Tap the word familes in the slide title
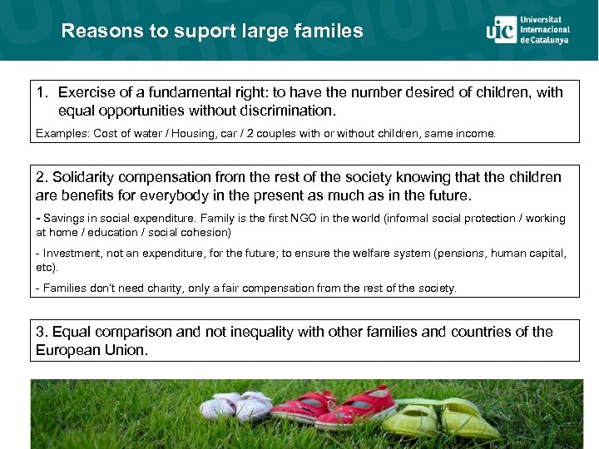pyautogui.click(x=330, y=32)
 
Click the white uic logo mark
pyautogui.click(x=501, y=30)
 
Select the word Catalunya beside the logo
pyautogui.click(x=551, y=40)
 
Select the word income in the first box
pyautogui.click(x=474, y=133)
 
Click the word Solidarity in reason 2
pyautogui.click(x=87, y=177)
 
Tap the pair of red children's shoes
pyautogui.click(x=337, y=407)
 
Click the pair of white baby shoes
pyautogui.click(x=235, y=407)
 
